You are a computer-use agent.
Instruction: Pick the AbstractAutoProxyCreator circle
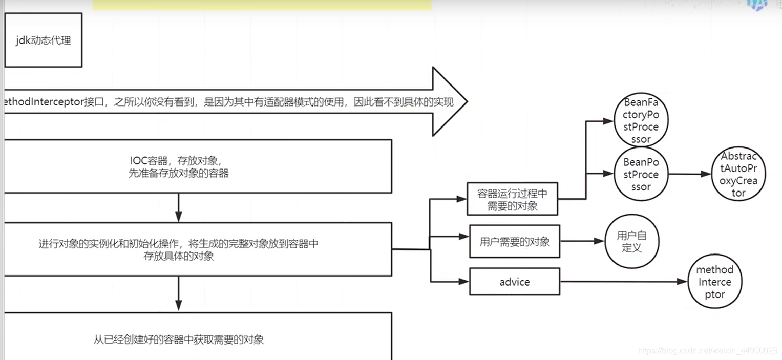tap(738, 175)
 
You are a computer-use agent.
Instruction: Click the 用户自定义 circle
tap(631, 242)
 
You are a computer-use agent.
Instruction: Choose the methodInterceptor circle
tap(714, 282)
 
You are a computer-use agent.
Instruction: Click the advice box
tap(514, 282)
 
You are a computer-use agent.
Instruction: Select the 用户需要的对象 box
tap(514, 242)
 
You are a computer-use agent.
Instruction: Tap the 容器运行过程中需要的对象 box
tap(513, 199)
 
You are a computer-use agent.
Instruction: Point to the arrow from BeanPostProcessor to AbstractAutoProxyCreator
tap(690, 174)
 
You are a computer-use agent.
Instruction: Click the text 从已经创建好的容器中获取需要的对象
tap(178, 339)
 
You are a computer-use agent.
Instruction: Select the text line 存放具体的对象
tap(178, 257)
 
